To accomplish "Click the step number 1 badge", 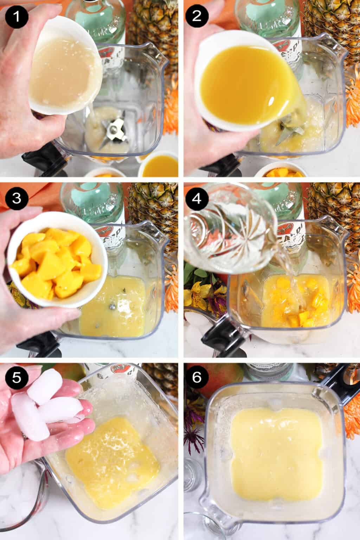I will [14, 16].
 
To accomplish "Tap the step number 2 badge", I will [197, 16].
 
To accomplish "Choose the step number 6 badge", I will [197, 378].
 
